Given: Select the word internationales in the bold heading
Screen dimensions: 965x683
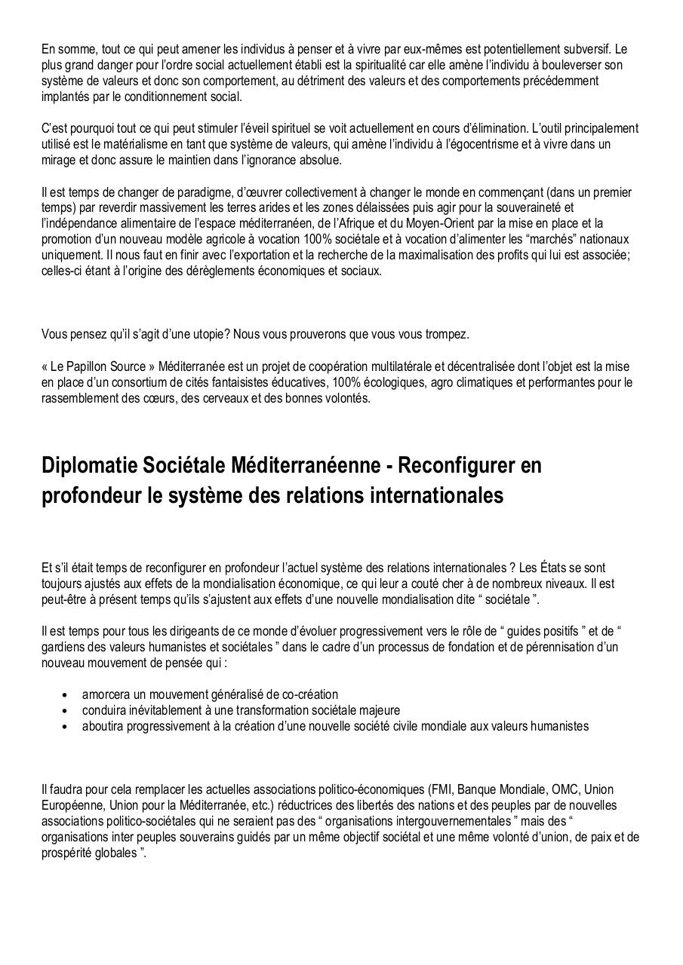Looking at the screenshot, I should (433, 497).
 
